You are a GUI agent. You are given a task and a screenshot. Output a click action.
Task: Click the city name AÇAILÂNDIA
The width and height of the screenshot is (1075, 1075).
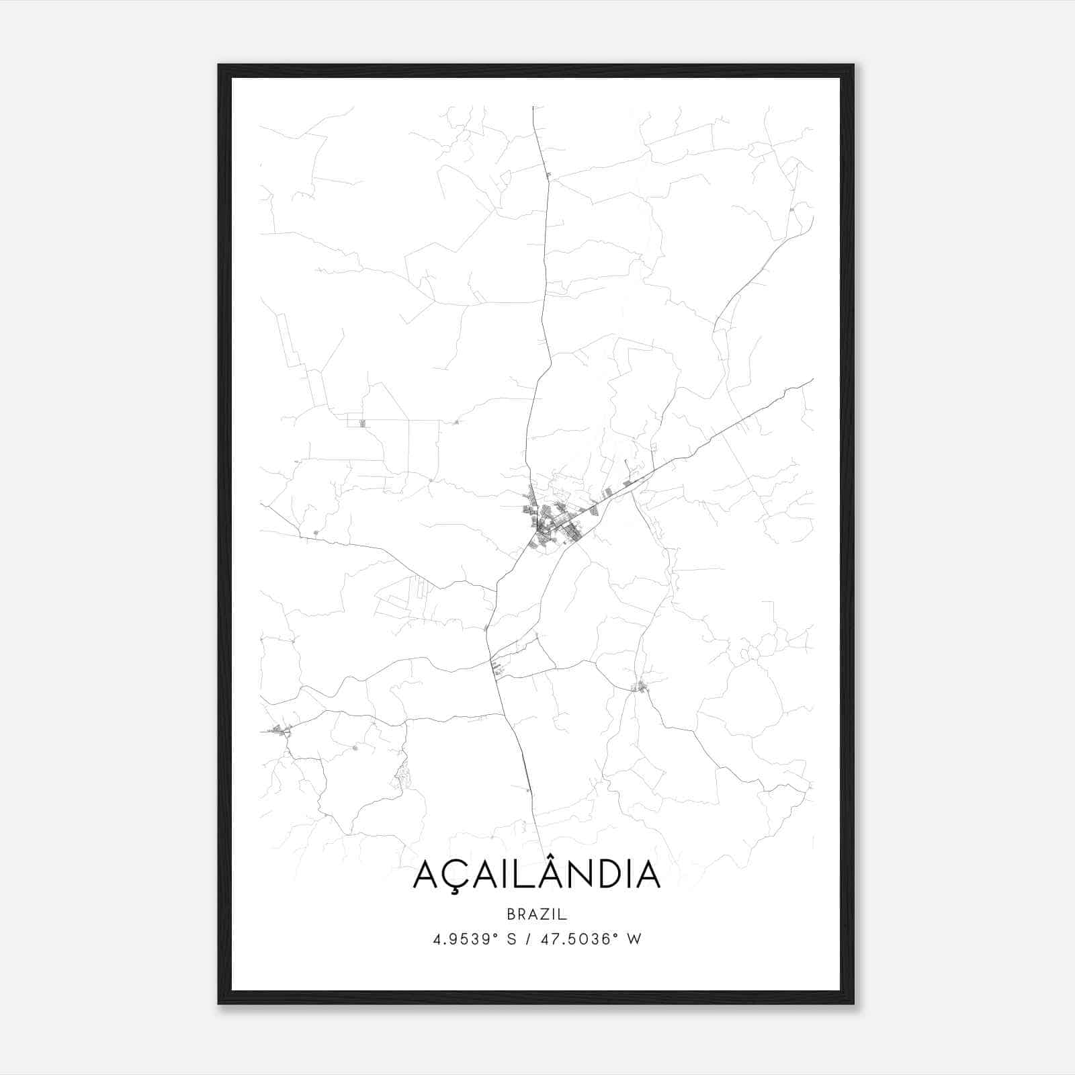[537, 874]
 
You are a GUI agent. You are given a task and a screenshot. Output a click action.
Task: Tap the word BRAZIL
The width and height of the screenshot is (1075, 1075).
[537, 914]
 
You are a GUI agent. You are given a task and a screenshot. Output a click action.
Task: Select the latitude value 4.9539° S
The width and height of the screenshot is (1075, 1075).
[474, 939]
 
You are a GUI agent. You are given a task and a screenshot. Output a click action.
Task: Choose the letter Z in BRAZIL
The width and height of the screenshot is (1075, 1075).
[544, 914]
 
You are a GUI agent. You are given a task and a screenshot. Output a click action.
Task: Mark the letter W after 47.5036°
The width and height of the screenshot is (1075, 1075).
[634, 939]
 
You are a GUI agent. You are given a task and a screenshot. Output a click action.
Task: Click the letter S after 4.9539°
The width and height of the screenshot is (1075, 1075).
[512, 939]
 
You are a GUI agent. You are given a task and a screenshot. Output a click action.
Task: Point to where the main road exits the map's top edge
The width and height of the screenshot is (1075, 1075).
[533, 107]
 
